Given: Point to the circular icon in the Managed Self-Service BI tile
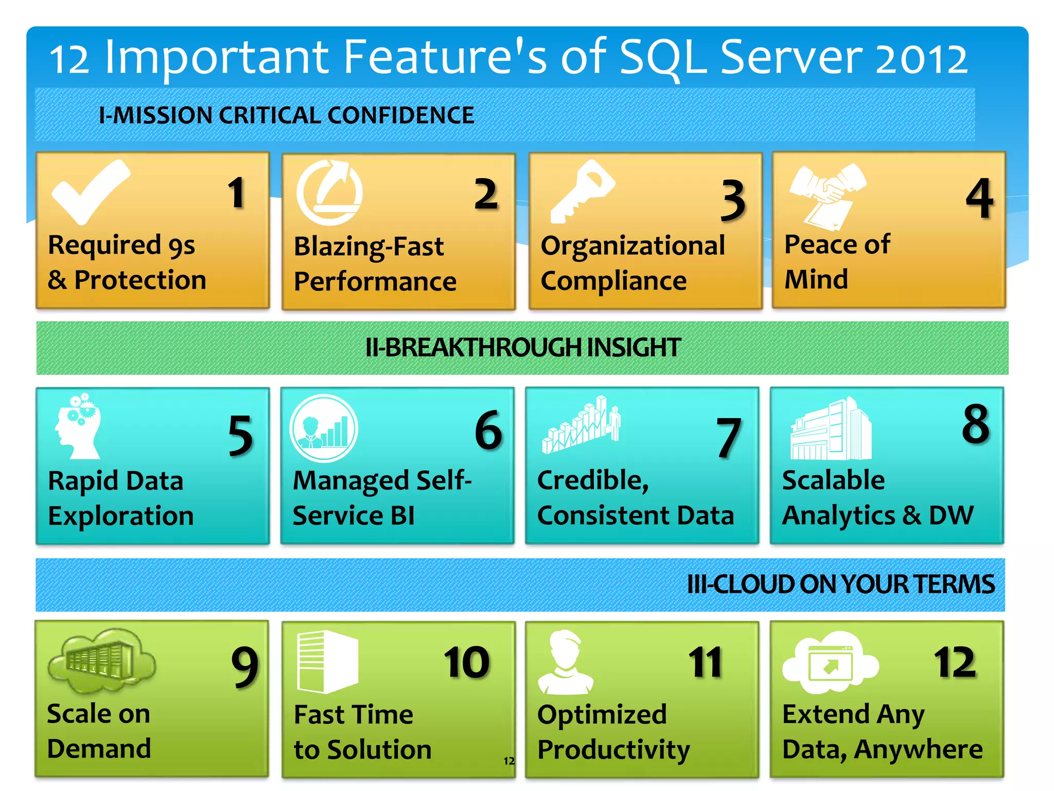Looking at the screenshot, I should [x=324, y=428].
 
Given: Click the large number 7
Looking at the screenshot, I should [x=729, y=438].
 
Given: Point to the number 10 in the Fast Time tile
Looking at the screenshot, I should [x=466, y=663].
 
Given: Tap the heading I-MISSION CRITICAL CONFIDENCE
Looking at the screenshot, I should [x=286, y=115].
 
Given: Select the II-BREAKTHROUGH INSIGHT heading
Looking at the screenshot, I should [x=523, y=348].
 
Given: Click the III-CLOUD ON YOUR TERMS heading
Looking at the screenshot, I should [x=840, y=584].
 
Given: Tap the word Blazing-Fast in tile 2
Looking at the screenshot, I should [x=368, y=247].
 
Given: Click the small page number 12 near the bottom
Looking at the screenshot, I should [x=508, y=761].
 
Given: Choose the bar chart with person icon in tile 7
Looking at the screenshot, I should [x=581, y=425].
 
